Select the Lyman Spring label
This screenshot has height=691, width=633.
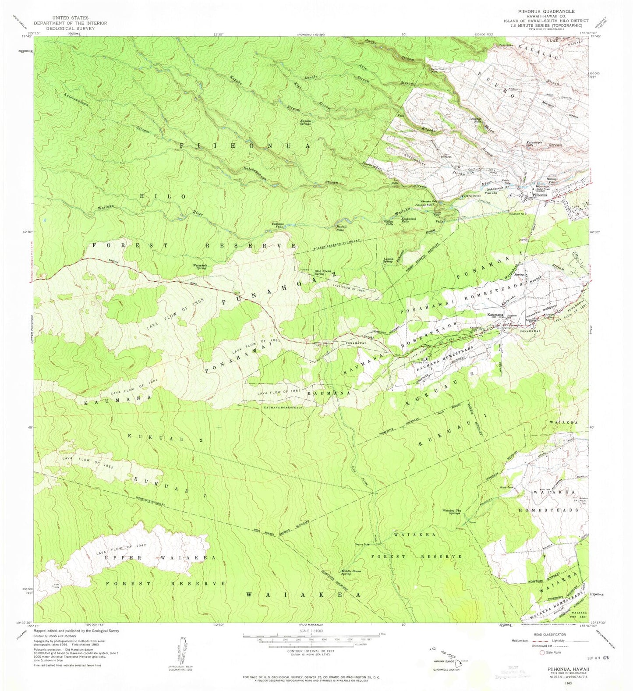pyautogui.click(x=387, y=260)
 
